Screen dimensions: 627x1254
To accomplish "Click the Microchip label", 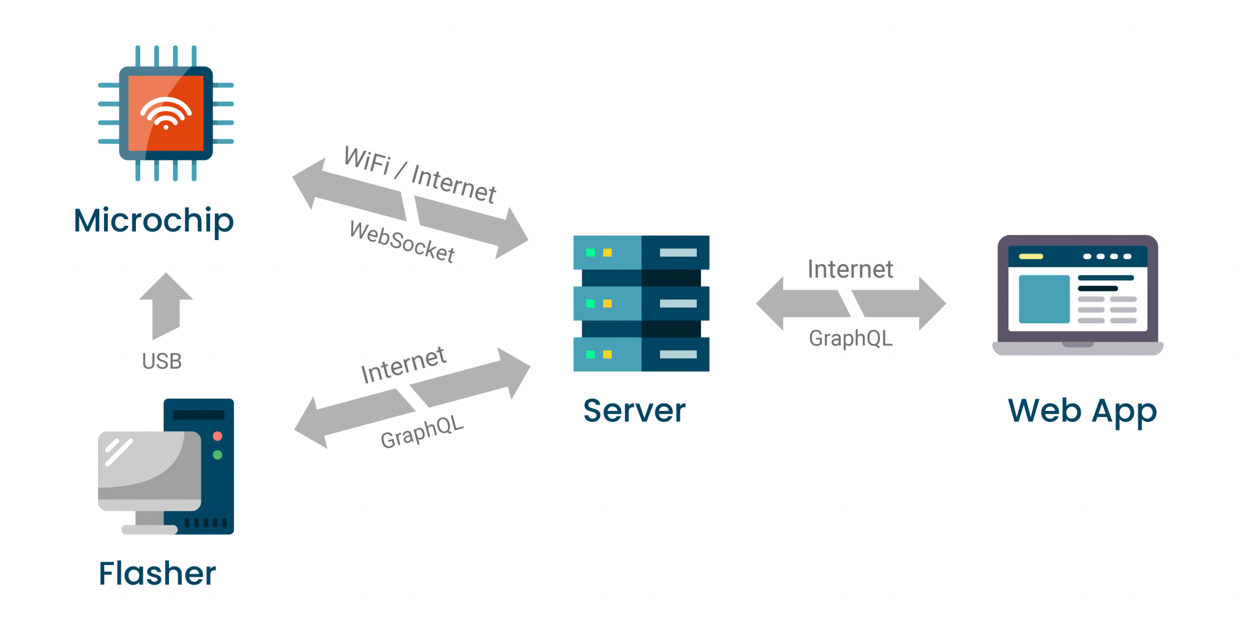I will click(153, 220).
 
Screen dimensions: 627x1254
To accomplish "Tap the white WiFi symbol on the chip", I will click(166, 113).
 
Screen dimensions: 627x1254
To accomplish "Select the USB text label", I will click(162, 361).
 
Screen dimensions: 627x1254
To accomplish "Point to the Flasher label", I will click(157, 574).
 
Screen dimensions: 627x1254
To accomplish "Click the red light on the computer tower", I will click(217, 436).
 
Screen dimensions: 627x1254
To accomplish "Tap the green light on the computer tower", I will click(217, 455).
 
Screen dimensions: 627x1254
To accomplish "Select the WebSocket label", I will click(402, 242).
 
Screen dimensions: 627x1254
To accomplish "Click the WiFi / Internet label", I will click(420, 174).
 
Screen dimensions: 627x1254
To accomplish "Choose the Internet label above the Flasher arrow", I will click(404, 365).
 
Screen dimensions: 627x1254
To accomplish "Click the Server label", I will click(634, 410).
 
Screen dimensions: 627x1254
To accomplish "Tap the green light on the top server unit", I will click(590, 252).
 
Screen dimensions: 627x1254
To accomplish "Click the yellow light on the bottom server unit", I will click(607, 354).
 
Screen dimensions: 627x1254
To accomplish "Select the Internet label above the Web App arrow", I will click(850, 269).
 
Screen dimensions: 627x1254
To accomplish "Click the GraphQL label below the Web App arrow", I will click(850, 338).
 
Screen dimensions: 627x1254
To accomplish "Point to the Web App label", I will click(1082, 410).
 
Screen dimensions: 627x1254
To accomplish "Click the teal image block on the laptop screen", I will click(1044, 299).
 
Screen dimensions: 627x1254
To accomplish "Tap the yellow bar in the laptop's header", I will click(1031, 257).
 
